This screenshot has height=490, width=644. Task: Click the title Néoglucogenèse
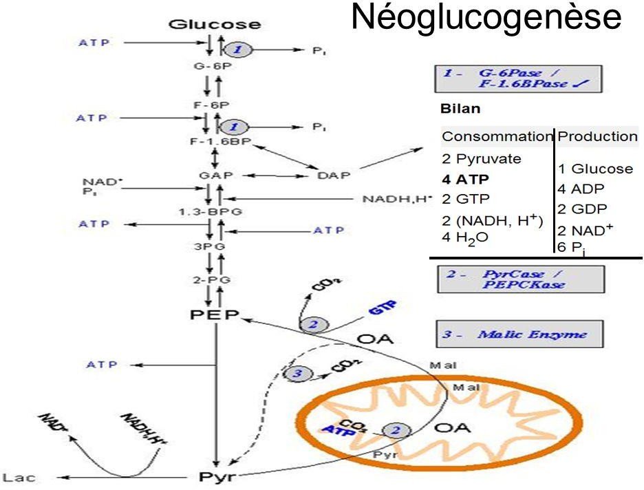pyautogui.click(x=486, y=17)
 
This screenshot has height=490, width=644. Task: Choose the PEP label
pyautogui.click(x=213, y=315)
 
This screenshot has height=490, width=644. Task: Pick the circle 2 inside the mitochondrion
pyautogui.click(x=396, y=430)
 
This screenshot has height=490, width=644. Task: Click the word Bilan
pyautogui.click(x=460, y=109)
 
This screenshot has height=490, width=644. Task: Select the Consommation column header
pyautogui.click(x=497, y=136)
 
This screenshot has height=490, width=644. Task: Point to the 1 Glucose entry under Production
pyautogui.click(x=594, y=169)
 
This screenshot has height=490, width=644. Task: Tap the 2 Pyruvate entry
pyautogui.click(x=481, y=158)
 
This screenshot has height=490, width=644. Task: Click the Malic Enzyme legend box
pyautogui.click(x=519, y=334)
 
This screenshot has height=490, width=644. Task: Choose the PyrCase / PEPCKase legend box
pyautogui.click(x=519, y=277)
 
